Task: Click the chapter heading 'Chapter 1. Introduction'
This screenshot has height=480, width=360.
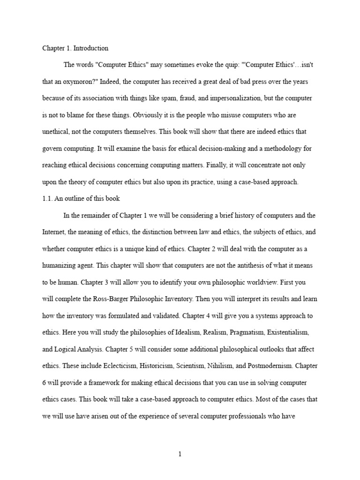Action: point(75,48)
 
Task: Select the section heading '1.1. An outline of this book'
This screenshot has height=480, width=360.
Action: point(81,198)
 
